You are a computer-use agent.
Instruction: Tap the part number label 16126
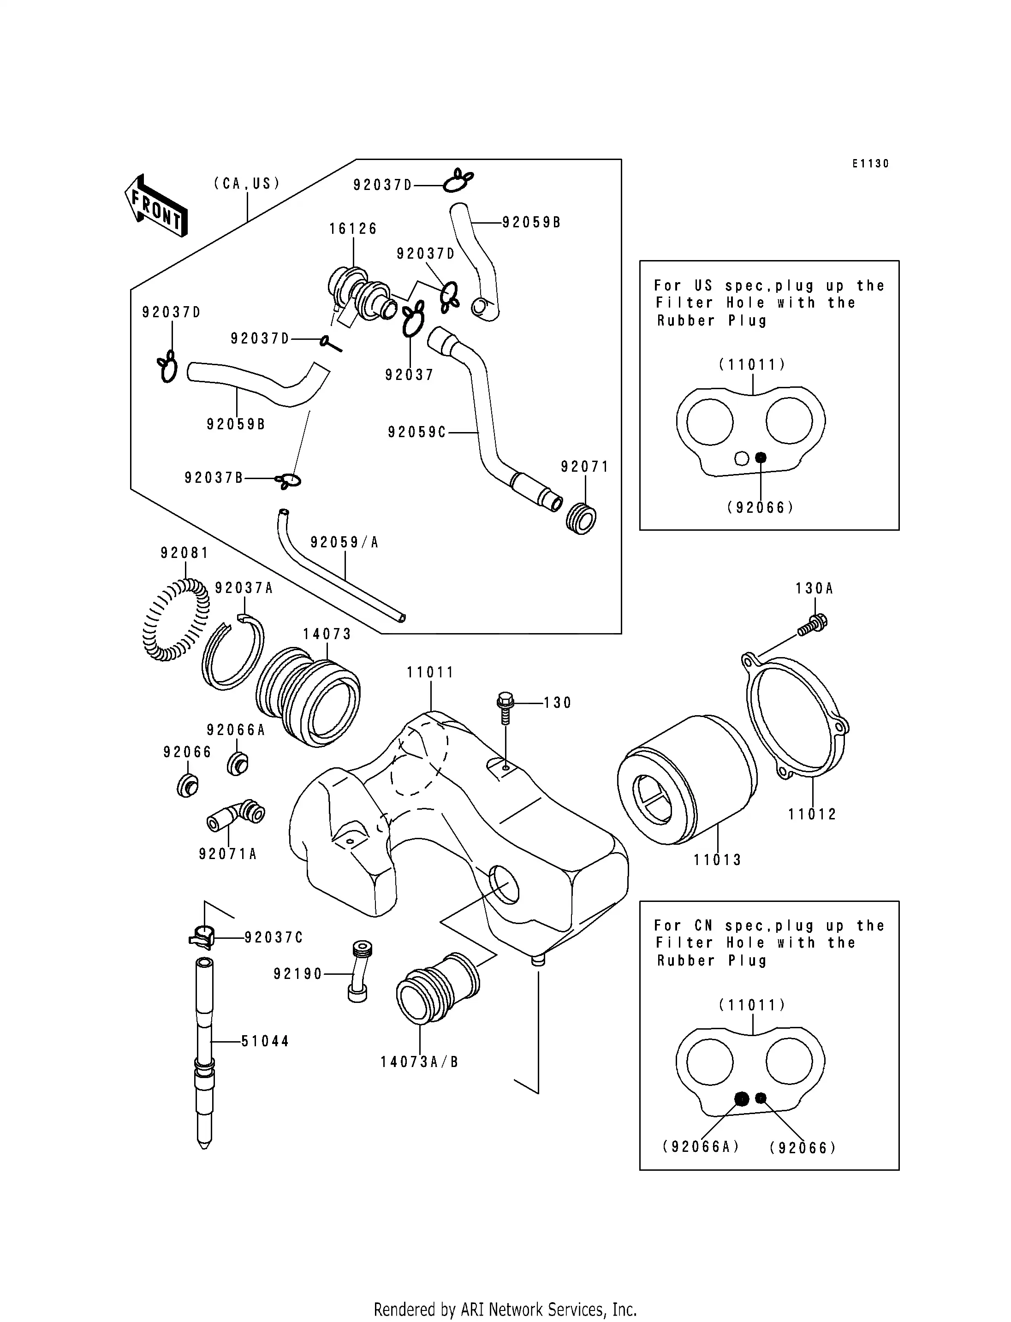353,229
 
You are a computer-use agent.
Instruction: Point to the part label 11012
812,815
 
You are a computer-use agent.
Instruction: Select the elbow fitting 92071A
238,815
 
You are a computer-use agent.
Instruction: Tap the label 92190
298,974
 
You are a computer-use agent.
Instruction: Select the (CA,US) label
247,184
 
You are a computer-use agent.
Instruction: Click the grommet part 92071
581,519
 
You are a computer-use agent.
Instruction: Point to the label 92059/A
344,543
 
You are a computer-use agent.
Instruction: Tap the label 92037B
214,478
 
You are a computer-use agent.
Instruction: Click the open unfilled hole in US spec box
742,458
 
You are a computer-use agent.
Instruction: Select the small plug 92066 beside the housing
188,786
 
